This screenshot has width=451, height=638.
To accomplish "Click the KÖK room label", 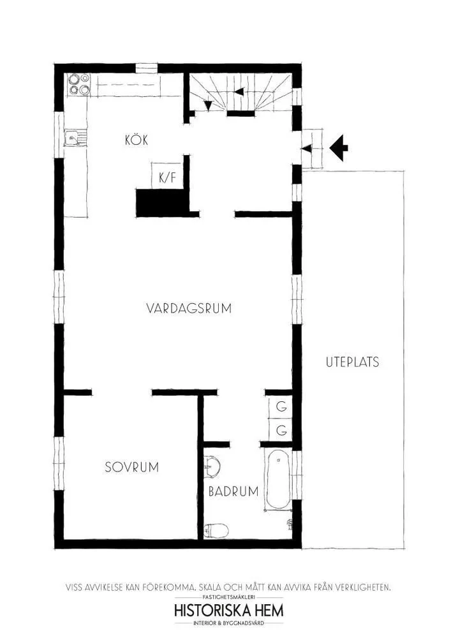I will [137, 140].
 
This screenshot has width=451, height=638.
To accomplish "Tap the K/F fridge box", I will [166, 177].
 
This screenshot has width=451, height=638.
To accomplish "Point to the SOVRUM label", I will [131, 466].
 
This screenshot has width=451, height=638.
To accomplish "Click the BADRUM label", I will [233, 491].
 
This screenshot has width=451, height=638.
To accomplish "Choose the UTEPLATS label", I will [352, 362].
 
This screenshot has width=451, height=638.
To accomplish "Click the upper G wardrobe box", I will [280, 406].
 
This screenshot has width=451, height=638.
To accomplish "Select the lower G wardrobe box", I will [280, 431].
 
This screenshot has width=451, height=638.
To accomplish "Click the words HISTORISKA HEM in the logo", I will [229, 610].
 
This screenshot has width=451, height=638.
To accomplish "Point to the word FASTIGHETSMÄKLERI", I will [229, 597].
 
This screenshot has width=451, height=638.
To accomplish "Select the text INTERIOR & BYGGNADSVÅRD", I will [229, 623].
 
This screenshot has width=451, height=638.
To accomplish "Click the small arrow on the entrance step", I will [307, 149].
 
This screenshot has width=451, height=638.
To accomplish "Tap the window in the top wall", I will [146, 67].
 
